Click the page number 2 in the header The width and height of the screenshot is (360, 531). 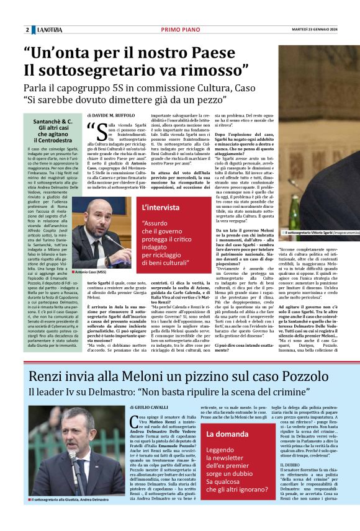click(x=27, y=30)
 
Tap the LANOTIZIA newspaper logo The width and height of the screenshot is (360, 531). click(x=48, y=30)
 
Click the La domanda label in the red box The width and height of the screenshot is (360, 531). click(x=227, y=434)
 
